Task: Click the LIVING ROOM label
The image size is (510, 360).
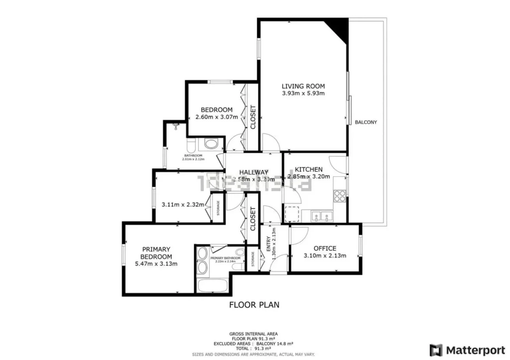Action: [x=303, y=86]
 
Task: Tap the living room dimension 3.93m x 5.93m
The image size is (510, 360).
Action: [x=303, y=93]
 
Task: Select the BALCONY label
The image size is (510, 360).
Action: [x=366, y=122]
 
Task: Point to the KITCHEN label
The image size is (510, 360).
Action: [x=309, y=169]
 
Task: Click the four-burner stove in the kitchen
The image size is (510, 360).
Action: [x=340, y=196]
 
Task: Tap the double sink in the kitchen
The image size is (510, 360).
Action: [x=322, y=216]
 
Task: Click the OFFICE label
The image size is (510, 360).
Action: [x=325, y=248]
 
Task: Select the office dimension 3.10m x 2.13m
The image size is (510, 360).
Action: [x=325, y=256]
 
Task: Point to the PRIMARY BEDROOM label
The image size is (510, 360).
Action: [x=156, y=253]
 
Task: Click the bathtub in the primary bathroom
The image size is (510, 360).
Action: [x=212, y=285]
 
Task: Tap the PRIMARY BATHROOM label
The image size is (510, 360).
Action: [x=225, y=258]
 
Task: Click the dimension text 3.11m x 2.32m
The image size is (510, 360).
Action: [x=183, y=204]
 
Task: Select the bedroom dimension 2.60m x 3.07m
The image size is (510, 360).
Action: [x=217, y=117]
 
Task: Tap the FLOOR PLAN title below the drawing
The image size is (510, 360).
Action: [x=254, y=305]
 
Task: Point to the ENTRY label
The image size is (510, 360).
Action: [x=269, y=244]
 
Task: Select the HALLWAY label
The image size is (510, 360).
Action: [x=254, y=172]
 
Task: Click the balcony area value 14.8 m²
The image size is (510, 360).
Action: [x=285, y=344]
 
